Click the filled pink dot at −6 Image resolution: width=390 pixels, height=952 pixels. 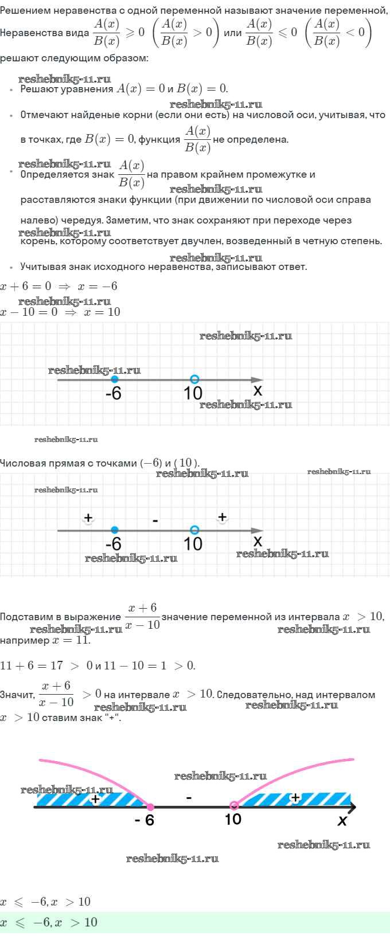(x=150, y=806)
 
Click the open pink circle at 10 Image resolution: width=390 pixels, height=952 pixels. (x=233, y=805)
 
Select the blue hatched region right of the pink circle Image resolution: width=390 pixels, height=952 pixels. (x=295, y=799)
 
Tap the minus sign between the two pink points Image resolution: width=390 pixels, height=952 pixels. (x=189, y=798)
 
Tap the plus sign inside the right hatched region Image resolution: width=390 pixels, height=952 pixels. (x=295, y=797)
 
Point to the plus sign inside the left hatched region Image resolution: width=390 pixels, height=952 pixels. (x=96, y=798)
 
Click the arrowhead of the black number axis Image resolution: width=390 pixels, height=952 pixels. (x=352, y=806)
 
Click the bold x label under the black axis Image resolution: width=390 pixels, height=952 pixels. (x=342, y=820)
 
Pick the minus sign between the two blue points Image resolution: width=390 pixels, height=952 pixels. (x=155, y=520)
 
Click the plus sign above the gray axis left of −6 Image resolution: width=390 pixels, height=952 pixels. (x=88, y=518)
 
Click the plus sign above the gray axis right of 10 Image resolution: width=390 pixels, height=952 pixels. (x=222, y=517)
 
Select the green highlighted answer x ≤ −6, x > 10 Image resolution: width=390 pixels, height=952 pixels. (x=49, y=922)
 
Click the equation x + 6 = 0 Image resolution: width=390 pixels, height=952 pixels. (x=25, y=286)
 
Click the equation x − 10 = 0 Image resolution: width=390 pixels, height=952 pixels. (x=29, y=312)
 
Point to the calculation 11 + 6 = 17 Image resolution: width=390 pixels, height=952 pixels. (x=32, y=665)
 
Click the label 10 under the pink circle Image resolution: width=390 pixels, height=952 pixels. (x=233, y=819)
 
